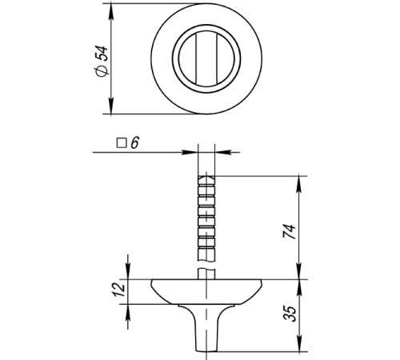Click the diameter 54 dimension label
(102, 62)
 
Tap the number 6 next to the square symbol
(135, 143)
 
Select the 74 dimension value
(290, 231)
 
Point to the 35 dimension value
(290, 314)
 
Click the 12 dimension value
(119, 290)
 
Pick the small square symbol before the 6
(122, 143)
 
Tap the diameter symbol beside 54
(102, 71)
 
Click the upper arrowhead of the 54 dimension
(111, 11)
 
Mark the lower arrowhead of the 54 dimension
(111, 106)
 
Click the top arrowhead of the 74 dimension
(299, 184)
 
